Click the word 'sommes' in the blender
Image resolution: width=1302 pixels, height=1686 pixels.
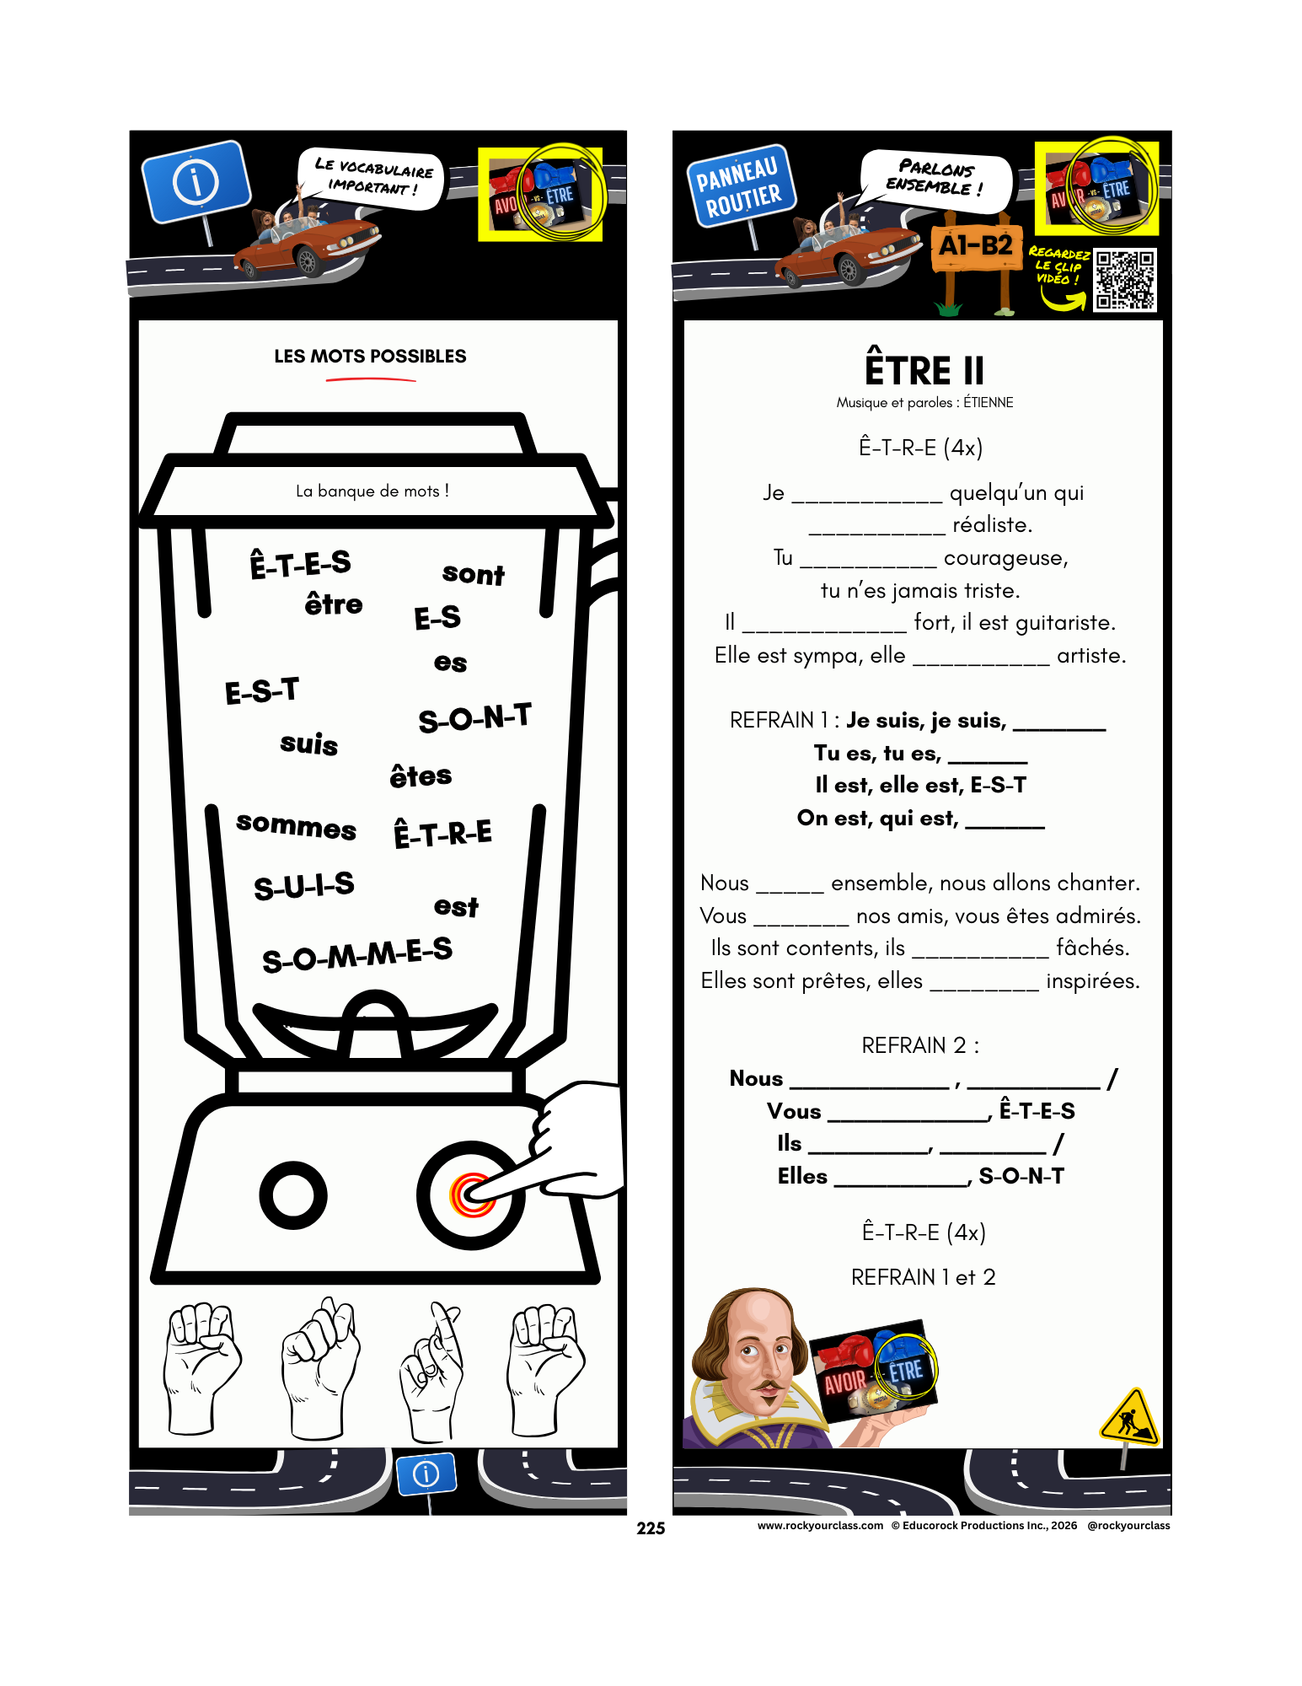click(296, 825)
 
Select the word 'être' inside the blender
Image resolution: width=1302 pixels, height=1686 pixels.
click(334, 604)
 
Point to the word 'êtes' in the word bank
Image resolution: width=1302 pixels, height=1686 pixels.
click(421, 776)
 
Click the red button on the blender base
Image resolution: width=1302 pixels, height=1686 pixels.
click(472, 1195)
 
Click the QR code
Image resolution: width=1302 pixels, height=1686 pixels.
click(1124, 280)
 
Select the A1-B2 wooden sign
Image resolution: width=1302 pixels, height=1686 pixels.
click(976, 248)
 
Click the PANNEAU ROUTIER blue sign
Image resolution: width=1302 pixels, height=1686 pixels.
click(739, 187)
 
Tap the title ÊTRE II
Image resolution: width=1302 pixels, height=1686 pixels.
click(924, 370)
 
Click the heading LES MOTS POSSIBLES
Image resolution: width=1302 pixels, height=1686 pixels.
click(370, 357)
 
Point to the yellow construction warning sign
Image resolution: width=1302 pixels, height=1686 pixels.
click(1130, 1416)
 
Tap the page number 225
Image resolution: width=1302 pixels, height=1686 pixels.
click(651, 1528)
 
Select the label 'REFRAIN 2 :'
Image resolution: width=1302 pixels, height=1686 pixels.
click(920, 1045)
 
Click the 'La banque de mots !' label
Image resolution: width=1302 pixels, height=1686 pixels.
click(372, 491)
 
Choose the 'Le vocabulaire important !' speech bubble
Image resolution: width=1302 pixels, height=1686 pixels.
click(372, 178)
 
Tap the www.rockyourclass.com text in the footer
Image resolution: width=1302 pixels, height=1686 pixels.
click(820, 1525)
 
